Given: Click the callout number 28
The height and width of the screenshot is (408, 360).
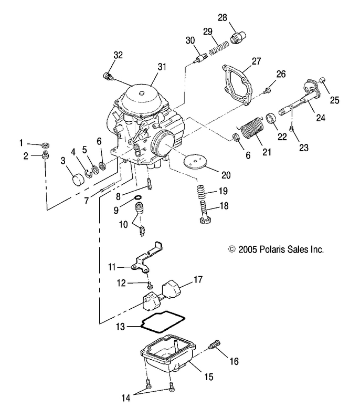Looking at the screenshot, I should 223,17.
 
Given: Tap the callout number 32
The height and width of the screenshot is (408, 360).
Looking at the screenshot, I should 118,55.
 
